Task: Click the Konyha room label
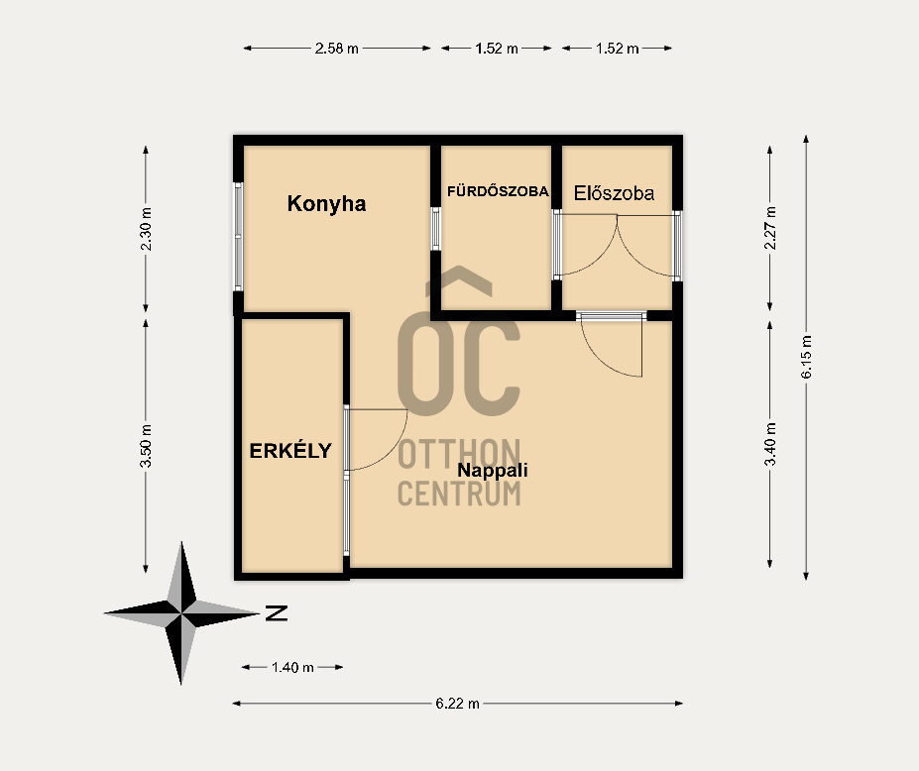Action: coord(326,204)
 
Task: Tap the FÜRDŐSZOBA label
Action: coord(499,191)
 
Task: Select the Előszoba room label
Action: coord(614,193)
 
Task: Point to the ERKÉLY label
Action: coord(290,451)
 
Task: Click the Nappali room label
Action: coord(493,470)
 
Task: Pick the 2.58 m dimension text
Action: coord(336,49)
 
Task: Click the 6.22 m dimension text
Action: coord(457,703)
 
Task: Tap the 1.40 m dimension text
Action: coord(292,667)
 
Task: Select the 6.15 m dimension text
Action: coord(806,357)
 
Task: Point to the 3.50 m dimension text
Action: coord(146,446)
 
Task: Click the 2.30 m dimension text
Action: coord(146,229)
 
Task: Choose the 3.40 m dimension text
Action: coord(770,444)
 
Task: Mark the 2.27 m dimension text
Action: coord(770,228)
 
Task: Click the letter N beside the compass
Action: coord(277,612)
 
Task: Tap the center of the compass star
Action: coord(181,613)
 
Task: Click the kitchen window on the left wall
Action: coord(238,236)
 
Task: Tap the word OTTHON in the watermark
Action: coord(459,454)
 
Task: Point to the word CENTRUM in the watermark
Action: coord(459,493)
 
